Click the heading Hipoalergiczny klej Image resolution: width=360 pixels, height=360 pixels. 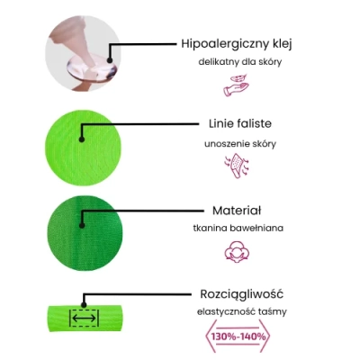(x=237, y=44)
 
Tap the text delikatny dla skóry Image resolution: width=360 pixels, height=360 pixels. (x=240, y=62)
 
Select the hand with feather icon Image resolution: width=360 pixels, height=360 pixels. (x=236, y=85)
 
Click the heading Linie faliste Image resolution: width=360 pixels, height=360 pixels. (x=240, y=123)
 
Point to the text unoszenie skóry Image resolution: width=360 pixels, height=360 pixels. (x=240, y=144)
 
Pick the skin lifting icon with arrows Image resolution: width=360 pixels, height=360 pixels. (x=237, y=166)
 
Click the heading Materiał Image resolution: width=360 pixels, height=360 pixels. (x=237, y=211)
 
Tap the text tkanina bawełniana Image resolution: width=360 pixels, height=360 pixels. (x=238, y=228)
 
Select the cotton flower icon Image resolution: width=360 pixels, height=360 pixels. (x=237, y=251)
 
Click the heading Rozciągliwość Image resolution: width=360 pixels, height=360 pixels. (x=241, y=294)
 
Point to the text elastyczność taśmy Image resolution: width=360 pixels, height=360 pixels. (x=242, y=311)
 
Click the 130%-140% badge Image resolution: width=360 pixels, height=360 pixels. (x=238, y=337)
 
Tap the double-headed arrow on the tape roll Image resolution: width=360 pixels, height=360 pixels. (x=85, y=318)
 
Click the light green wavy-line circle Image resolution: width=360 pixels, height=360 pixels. (x=83, y=148)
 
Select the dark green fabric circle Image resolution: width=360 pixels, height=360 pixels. (x=85, y=233)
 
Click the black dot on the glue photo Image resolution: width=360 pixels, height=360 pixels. (x=110, y=60)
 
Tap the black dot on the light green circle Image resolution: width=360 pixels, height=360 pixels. (x=82, y=139)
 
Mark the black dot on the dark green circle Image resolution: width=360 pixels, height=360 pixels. (x=82, y=226)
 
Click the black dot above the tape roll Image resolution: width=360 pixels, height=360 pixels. (x=84, y=305)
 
